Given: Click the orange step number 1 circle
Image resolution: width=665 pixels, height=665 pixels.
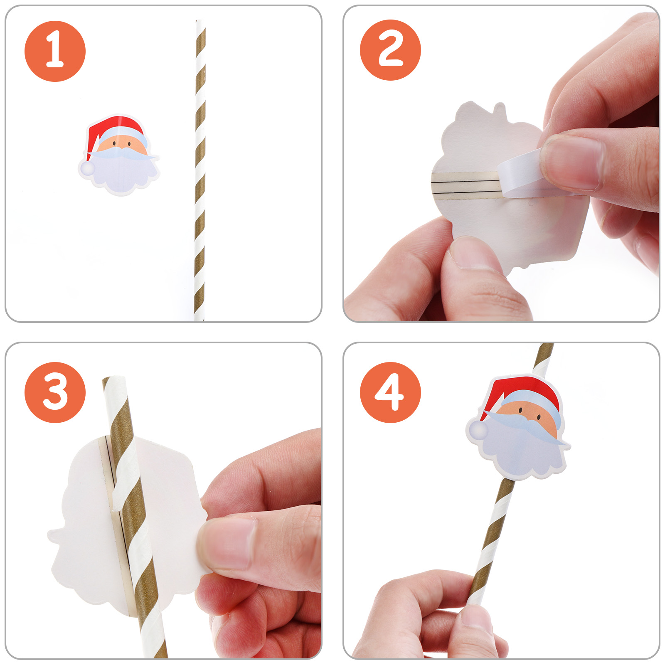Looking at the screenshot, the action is (55, 51).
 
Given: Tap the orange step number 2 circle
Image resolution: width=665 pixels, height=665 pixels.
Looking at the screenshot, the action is (390, 50).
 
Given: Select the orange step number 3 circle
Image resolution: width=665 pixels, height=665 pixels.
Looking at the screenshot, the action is (55, 392).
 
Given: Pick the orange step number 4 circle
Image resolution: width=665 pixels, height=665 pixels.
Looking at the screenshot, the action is (390, 392).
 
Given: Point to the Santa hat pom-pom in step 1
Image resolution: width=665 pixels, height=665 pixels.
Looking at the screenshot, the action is (87, 168).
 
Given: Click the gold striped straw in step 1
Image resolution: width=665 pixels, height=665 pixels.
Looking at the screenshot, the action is (200, 170).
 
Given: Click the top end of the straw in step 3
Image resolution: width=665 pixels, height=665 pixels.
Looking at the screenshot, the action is (113, 380).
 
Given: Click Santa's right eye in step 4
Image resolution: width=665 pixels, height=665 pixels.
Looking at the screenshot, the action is (539, 416).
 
